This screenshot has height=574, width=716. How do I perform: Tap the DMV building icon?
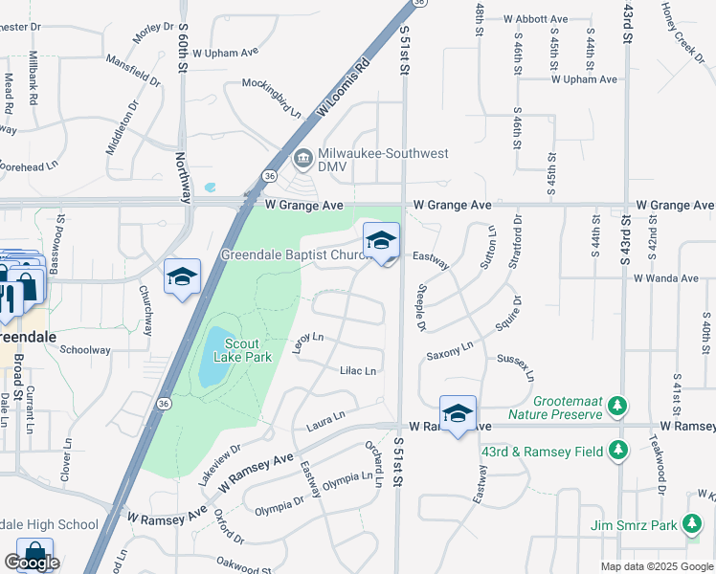pyautogui.click(x=302, y=157)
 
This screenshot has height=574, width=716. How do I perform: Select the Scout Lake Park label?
pyautogui.click(x=248, y=350)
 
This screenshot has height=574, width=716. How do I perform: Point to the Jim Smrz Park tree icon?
pyautogui.click(x=691, y=524)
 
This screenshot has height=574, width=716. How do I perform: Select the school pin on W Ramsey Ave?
pyautogui.click(x=459, y=412)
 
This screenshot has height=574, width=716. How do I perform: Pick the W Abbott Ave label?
pyautogui.click(x=527, y=19)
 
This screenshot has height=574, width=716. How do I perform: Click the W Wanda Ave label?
pyautogui.click(x=665, y=277)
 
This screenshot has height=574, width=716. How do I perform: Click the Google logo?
pyautogui.click(x=33, y=563)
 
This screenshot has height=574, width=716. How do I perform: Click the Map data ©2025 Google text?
pyautogui.click(x=658, y=566)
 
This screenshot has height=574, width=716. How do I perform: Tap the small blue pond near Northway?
pyautogui.click(x=211, y=187)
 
